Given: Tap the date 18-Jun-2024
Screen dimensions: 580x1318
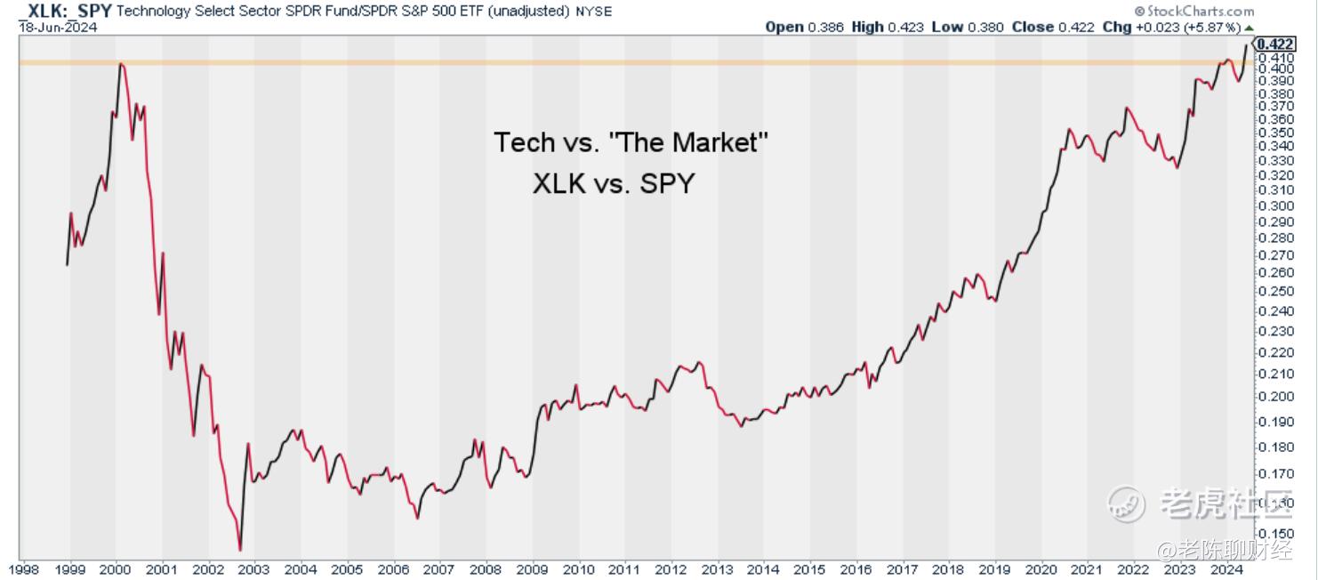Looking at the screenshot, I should point(58,27).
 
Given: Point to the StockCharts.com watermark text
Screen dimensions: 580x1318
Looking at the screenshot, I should point(1201,12).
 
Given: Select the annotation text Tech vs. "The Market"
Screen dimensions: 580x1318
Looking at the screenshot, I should point(631,142).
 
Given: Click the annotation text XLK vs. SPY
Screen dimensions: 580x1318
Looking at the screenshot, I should point(614,184).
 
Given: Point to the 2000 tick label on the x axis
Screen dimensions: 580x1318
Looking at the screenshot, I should point(116,569).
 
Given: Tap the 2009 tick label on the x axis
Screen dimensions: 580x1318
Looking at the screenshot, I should point(532,569).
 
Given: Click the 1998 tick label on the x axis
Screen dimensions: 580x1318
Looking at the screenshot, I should point(23,569).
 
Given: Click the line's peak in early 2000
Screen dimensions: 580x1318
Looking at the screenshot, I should point(120,64).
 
